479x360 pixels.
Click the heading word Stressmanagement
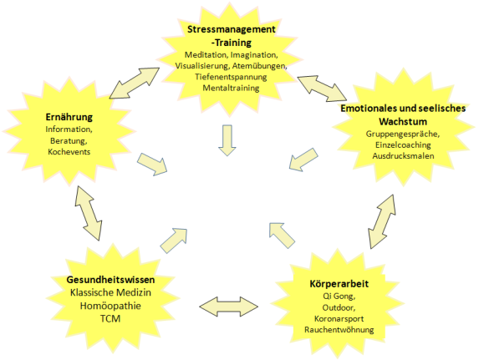[232, 29]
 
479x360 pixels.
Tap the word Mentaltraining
[231, 88]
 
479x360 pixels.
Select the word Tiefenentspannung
[231, 77]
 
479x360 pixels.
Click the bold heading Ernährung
[69, 117]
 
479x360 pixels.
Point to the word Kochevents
[69, 152]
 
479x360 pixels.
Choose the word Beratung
[69, 141]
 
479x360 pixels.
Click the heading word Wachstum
[403, 121]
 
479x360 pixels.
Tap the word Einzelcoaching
[403, 145]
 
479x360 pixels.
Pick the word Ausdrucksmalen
[403, 155]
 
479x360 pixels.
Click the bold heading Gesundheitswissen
[110, 280]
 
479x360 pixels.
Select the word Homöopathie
[110, 306]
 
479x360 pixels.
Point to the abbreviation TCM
[110, 318]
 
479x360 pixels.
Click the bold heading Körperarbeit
[339, 284]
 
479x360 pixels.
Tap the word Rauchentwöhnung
[339, 330]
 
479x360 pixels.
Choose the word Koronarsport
[339, 319]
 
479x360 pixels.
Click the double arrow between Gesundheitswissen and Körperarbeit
[228, 307]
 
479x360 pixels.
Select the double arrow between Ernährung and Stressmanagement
[135, 83]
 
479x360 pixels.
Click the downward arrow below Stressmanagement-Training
[227, 140]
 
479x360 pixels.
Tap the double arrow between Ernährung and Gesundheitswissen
[89, 213]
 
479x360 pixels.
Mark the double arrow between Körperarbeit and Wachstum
[382, 221]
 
